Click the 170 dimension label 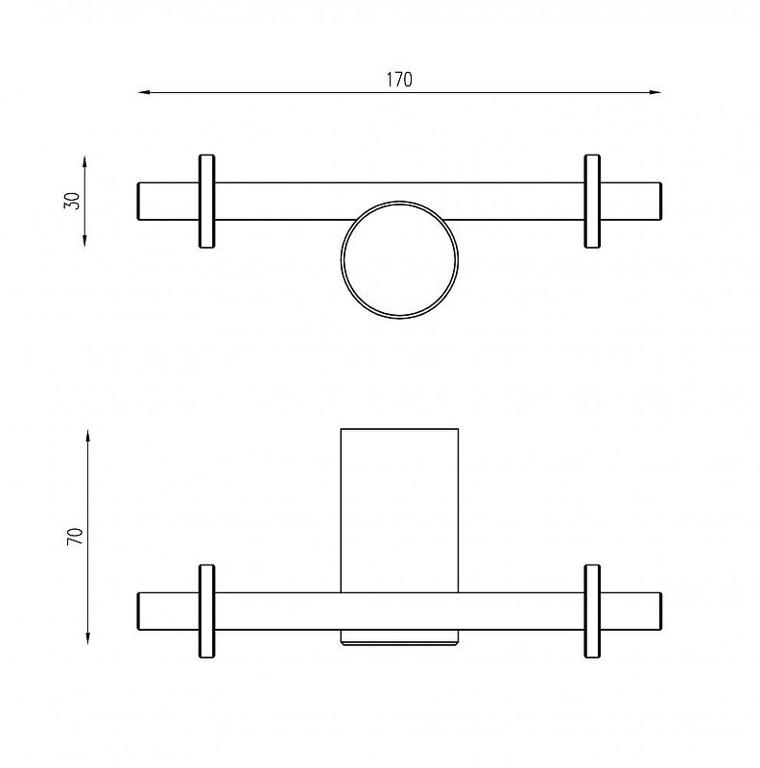click(399, 80)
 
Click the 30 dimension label click(72, 201)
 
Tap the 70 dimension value click(75, 537)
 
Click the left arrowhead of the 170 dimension click(143, 92)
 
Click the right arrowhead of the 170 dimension click(655, 92)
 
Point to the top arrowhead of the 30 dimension click(84, 162)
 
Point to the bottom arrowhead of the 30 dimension click(84, 241)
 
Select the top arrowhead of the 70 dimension click(88, 436)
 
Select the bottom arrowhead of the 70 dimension click(88, 638)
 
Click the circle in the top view click(399, 202)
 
